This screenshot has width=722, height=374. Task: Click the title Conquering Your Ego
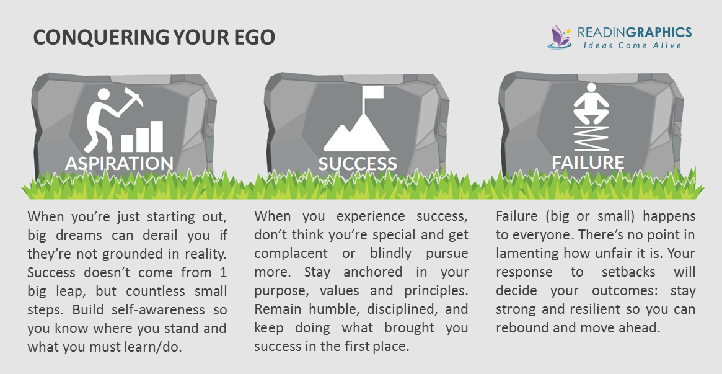(154, 37)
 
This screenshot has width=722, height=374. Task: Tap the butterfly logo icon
(559, 37)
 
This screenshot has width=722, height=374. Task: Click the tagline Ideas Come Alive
(632, 45)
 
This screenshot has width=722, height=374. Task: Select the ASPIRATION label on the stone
(119, 164)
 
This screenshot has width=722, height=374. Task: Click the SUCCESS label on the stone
(358, 164)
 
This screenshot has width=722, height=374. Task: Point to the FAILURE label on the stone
(588, 163)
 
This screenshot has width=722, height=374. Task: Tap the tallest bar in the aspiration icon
(157, 136)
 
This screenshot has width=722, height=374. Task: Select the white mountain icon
(357, 133)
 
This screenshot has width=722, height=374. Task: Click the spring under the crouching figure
(591, 137)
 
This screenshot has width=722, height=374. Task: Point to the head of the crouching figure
(591, 89)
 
